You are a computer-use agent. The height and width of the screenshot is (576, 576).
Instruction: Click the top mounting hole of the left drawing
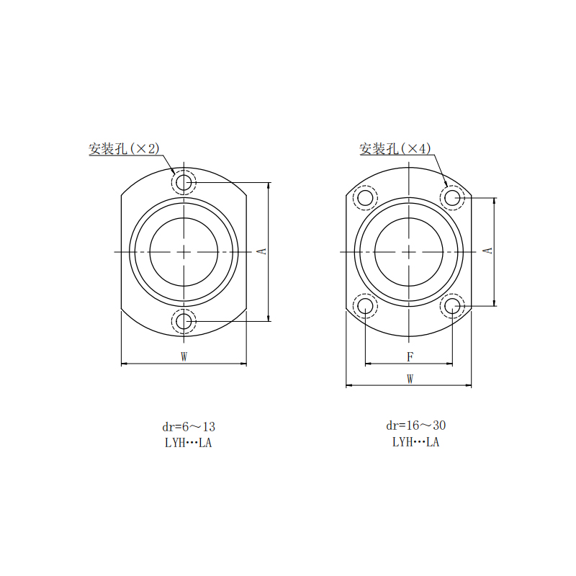[184, 182]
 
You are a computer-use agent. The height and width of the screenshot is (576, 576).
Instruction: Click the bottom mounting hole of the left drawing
[184, 321]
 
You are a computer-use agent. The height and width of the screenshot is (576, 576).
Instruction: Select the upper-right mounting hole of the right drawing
[453, 197]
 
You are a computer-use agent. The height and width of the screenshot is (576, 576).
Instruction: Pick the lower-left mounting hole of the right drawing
[366, 306]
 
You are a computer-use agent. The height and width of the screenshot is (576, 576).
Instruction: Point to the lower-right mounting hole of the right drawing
[453, 306]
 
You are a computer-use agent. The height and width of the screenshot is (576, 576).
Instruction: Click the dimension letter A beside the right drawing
[487, 250]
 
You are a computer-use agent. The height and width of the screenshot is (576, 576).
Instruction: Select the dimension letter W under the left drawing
[184, 356]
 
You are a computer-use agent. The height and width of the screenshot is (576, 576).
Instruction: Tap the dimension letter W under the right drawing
[410, 378]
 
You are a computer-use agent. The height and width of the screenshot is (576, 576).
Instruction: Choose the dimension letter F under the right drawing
[410, 356]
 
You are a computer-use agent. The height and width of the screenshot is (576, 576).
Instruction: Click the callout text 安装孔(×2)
[124, 149]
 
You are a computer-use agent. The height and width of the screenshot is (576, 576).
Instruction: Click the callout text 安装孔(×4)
[395, 149]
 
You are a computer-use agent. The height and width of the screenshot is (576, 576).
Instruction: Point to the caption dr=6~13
[189, 426]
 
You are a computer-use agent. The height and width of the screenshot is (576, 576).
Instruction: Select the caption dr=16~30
[415, 426]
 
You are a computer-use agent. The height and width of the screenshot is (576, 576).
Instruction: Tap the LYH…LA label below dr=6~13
[189, 443]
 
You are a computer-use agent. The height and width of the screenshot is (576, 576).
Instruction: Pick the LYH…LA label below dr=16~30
[415, 442]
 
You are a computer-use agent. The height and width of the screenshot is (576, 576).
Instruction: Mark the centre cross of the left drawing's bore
[184, 251]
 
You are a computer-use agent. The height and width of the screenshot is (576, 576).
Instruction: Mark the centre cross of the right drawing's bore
[410, 251]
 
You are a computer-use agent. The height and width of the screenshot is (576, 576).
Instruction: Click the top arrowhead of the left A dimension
[269, 185]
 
